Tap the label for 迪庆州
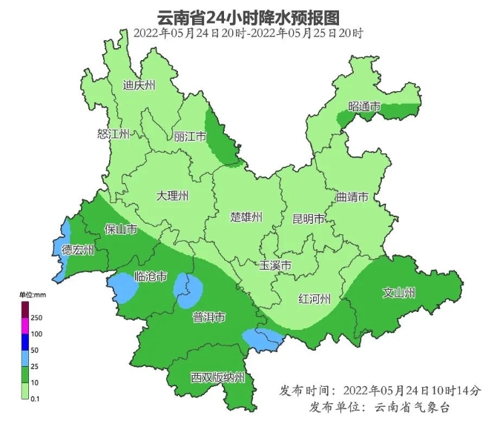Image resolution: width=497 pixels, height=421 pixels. click(139, 85)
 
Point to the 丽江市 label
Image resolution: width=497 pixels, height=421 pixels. click(189, 137)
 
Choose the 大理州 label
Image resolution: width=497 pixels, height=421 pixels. click(172, 196)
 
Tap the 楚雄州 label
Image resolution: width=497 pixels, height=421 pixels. click(246, 217)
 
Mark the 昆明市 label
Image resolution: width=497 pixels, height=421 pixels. click(309, 219)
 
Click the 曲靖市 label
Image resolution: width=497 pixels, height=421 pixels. click(352, 198)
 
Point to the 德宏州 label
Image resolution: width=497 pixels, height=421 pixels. click(78, 250)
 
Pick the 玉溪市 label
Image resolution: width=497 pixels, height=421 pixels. click(274, 265)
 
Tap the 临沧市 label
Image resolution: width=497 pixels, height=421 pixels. click(151, 277)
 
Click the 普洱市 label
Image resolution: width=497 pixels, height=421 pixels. click(208, 318)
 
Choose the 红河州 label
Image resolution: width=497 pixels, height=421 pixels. click(314, 299)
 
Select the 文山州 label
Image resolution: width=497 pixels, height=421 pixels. click(398, 291)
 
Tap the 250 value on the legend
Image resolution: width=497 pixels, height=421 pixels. click(36, 318)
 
